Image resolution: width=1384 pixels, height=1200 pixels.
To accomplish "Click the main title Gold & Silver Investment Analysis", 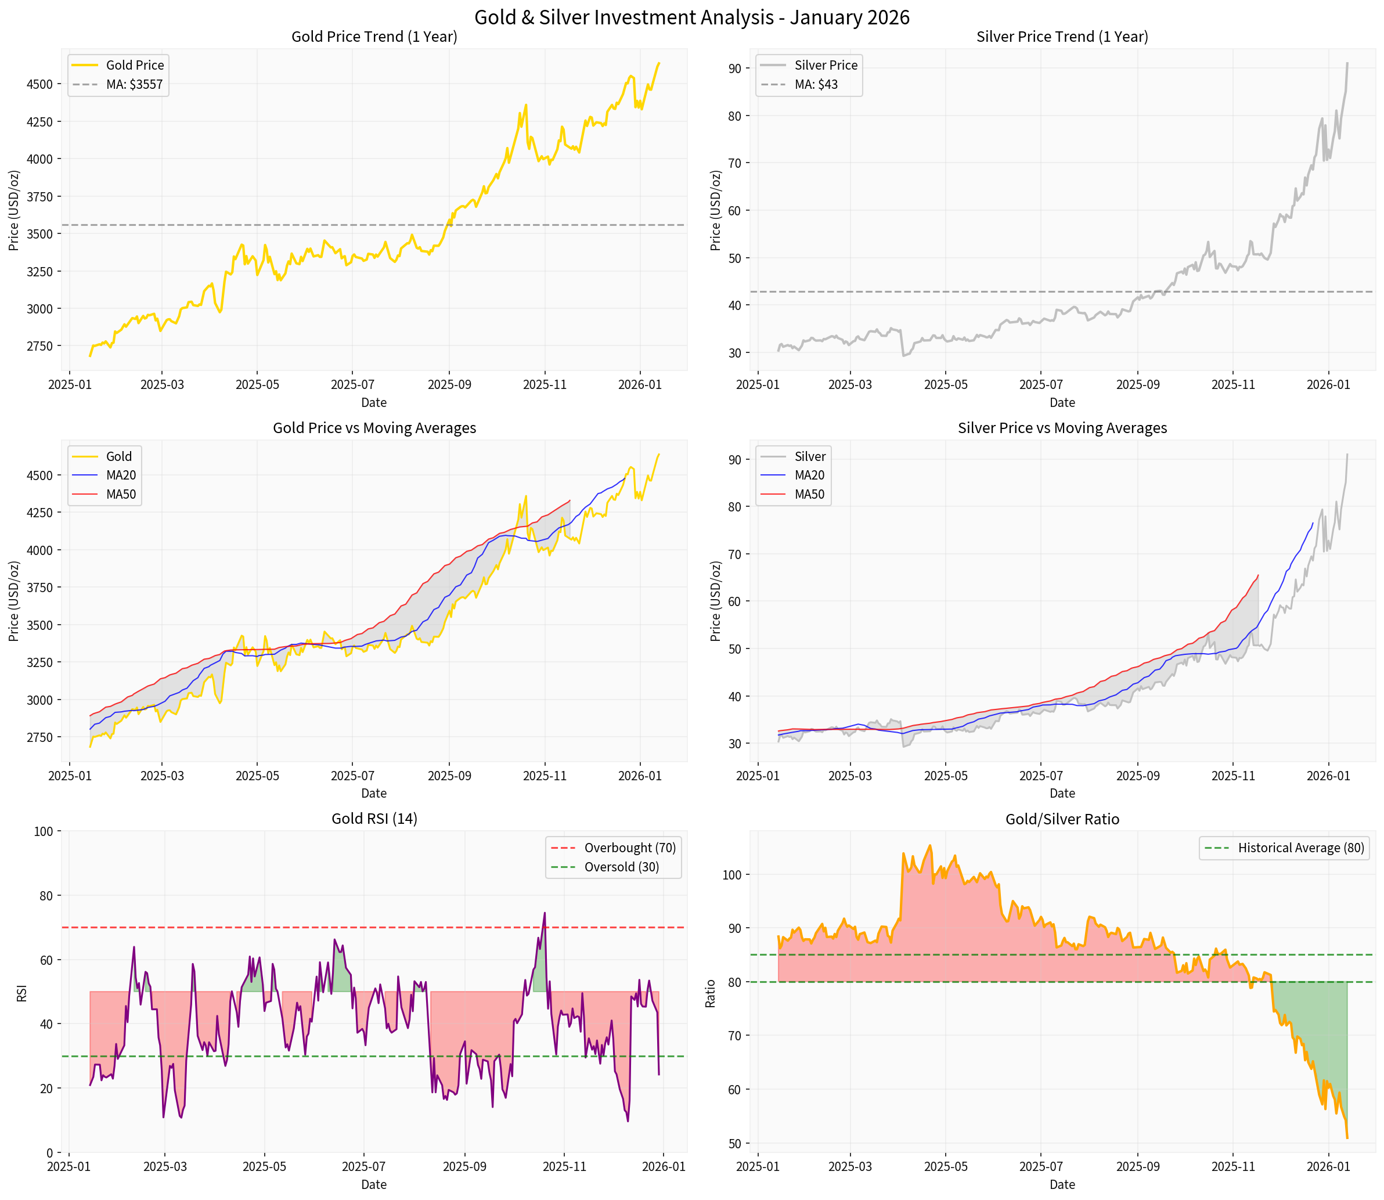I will pos(691,17).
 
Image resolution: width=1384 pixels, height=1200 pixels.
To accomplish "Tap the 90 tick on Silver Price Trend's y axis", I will pos(734,69).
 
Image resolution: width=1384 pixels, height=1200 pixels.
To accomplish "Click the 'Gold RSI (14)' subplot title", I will pos(374,819).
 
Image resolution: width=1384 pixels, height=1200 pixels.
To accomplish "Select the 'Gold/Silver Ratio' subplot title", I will pos(1062,819).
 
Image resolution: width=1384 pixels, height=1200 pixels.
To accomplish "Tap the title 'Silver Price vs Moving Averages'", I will pos(1062,428).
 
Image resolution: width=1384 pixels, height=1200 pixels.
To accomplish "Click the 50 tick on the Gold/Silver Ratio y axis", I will pos(734,1143).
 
